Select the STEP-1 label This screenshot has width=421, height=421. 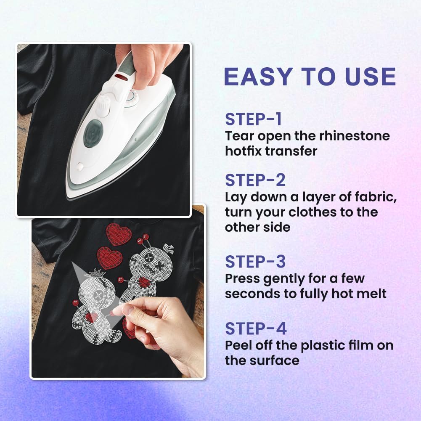pos(254,119)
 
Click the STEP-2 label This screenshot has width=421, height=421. pos(255,180)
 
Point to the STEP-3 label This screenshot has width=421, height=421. pos(255,262)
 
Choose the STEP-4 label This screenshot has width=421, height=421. pos(256,328)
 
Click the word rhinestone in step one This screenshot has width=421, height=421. pos(355,136)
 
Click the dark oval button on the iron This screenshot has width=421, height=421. pos(93,133)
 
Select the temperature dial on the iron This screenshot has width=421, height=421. pos(131,97)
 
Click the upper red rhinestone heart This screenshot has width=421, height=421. pos(119,234)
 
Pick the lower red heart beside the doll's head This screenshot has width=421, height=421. pos(109,258)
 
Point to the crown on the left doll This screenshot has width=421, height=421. pos(94,274)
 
